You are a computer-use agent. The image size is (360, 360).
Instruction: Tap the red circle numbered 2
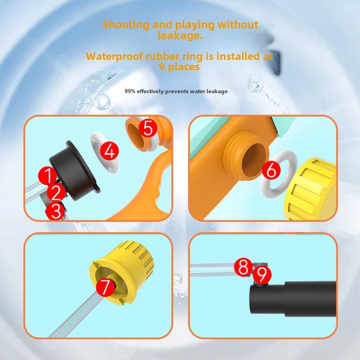(56, 193)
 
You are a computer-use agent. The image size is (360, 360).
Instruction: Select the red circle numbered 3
(55, 211)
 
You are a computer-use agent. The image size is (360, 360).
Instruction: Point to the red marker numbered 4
(109, 151)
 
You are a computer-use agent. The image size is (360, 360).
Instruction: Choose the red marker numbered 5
(148, 129)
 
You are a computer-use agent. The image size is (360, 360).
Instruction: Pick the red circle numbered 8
(243, 268)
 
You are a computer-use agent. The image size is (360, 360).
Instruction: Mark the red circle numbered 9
(262, 274)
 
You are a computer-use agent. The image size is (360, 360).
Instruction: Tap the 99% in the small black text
(130, 91)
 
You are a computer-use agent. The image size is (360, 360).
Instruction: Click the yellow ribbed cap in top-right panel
(313, 189)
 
